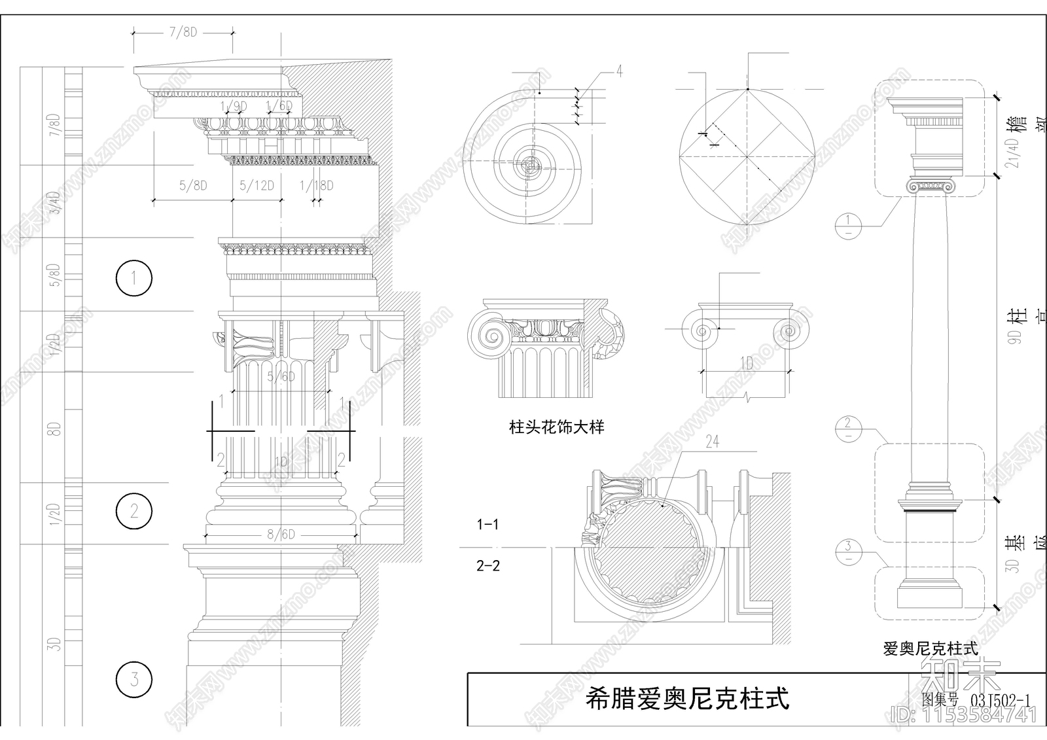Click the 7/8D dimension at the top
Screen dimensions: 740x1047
point(183,32)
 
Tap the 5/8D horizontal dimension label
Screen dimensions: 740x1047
point(193,186)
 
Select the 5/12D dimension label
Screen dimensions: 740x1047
point(257,186)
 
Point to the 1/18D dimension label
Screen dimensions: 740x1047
point(317,186)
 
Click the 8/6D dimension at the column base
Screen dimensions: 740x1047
point(281,535)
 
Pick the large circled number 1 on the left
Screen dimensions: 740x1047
point(134,278)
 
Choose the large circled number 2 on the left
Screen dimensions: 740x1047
point(134,510)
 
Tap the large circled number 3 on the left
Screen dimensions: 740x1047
point(134,678)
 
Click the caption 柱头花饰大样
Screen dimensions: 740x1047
point(556,428)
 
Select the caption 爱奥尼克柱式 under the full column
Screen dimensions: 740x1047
point(930,649)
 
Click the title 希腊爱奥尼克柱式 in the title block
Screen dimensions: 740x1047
point(687,699)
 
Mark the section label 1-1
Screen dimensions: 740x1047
point(488,524)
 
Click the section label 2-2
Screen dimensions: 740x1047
point(488,565)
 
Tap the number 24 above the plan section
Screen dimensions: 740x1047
point(713,443)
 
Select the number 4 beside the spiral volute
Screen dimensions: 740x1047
point(619,71)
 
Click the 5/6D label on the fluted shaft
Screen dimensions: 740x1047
point(281,376)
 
